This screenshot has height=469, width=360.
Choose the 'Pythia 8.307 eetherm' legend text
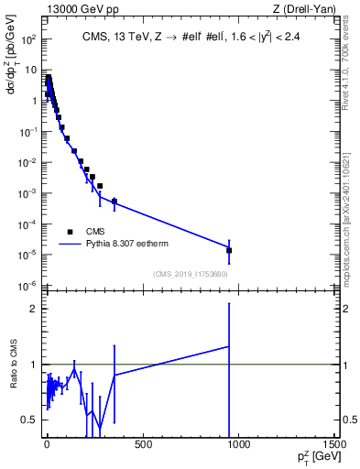[x=128, y=244]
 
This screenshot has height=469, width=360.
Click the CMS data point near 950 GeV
[x=229, y=250]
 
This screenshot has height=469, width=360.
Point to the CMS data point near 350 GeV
[x=115, y=201]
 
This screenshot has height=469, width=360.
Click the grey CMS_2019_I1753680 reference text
[x=190, y=273]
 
